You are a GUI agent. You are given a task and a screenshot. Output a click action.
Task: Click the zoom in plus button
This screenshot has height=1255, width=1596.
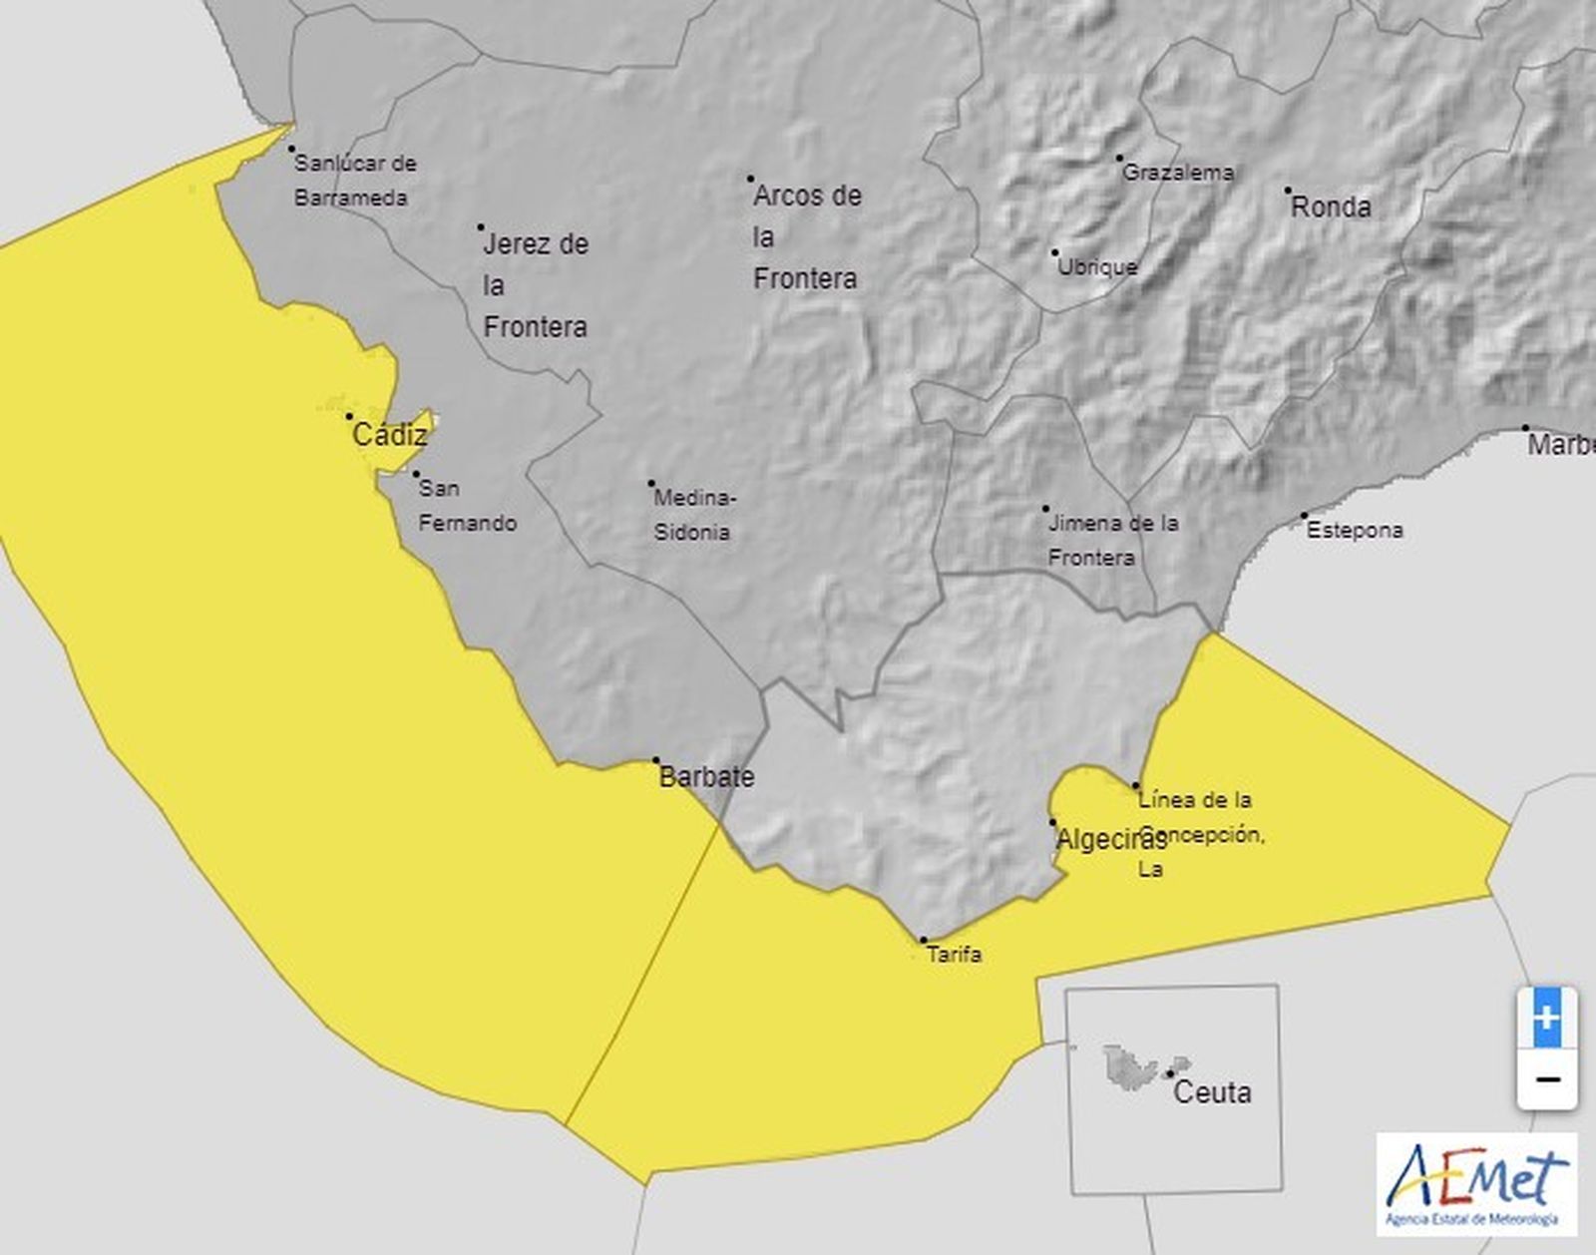click(1546, 1019)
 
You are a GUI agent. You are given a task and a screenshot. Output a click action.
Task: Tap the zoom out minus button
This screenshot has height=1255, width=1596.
click(1546, 1079)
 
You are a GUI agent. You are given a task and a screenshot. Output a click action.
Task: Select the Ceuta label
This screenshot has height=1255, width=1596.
click(1212, 1092)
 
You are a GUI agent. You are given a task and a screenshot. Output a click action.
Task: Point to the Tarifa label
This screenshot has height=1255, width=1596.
click(955, 955)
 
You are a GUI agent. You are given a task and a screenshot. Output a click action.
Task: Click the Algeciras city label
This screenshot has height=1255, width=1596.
click(1110, 840)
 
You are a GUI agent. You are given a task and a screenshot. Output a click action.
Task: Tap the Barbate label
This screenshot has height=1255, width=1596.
click(707, 777)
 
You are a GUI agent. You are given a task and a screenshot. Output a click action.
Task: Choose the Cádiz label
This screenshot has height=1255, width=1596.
click(390, 435)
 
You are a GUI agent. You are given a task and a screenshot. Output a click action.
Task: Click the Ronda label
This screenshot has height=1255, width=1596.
click(1331, 208)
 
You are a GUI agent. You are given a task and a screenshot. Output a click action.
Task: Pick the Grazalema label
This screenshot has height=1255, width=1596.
click(1178, 173)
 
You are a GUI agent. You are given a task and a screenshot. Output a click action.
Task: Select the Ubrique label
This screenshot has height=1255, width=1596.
click(1096, 267)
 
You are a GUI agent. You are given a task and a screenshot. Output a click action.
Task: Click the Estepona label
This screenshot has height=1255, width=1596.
click(1355, 530)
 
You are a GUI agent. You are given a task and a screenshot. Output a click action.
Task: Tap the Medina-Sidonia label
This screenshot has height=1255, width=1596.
click(693, 515)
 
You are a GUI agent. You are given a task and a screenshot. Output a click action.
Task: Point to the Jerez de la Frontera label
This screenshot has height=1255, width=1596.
click(536, 285)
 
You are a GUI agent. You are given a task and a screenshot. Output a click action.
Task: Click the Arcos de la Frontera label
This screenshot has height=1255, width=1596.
click(806, 236)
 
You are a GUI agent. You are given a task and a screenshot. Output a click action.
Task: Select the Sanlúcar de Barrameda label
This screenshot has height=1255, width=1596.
click(354, 181)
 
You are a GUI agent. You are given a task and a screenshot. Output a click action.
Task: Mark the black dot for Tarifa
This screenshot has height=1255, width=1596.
click(924, 941)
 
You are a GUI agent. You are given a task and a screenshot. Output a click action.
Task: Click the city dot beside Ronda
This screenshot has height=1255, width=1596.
click(1288, 190)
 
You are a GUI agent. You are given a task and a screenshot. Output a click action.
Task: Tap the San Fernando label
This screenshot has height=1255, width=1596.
click(467, 505)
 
